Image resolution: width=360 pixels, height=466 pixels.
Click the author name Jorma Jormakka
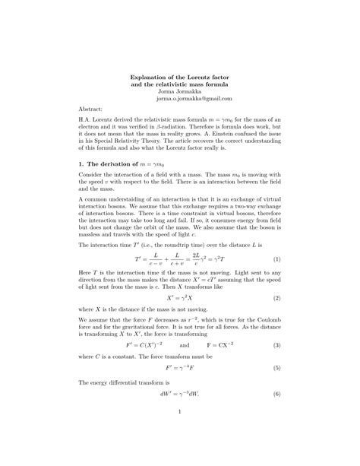179,90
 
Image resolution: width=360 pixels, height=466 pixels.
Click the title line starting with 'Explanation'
180,75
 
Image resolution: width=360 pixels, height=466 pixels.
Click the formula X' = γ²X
179,299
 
